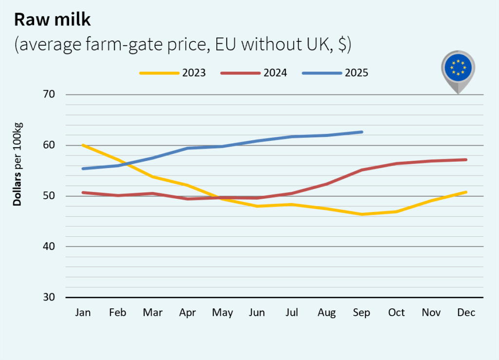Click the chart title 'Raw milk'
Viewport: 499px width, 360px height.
point(53,19)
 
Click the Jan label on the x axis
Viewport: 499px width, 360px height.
point(83,313)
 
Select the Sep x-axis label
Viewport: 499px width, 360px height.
point(362,313)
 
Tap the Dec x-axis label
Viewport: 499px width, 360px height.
point(466,313)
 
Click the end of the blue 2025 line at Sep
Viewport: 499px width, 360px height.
point(362,132)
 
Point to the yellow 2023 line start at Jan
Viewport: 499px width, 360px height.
point(83,145)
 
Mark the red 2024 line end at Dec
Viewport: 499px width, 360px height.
point(466,160)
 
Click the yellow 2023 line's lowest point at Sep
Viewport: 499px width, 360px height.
point(362,214)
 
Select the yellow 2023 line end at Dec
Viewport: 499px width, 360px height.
point(466,192)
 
